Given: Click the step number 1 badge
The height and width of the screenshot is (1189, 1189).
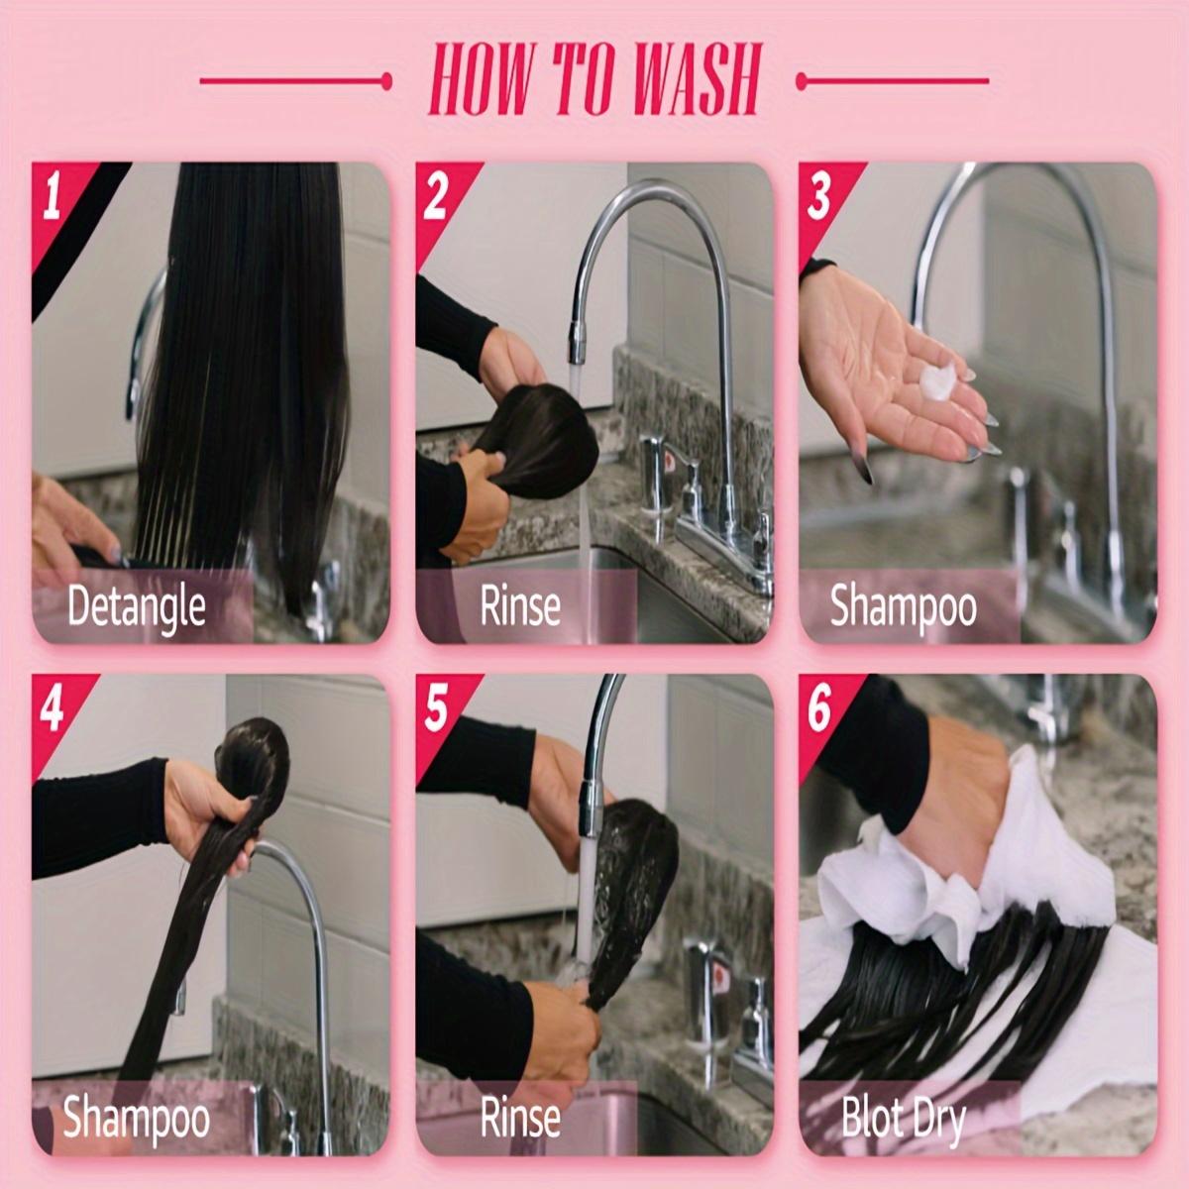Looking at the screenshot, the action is (x=52, y=195).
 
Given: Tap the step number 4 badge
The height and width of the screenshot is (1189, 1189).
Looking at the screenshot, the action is (x=52, y=708).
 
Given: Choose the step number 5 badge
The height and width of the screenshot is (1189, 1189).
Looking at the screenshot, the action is (x=436, y=708).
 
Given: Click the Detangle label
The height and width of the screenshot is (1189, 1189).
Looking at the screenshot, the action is (x=137, y=607).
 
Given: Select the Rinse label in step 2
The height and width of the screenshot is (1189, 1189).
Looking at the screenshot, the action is (x=520, y=606).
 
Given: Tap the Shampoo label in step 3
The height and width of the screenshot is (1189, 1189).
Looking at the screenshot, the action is (x=904, y=607).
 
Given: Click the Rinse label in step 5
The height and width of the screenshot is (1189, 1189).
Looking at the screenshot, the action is (x=520, y=1118).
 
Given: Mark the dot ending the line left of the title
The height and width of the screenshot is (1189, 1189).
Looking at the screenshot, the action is (x=386, y=81).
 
